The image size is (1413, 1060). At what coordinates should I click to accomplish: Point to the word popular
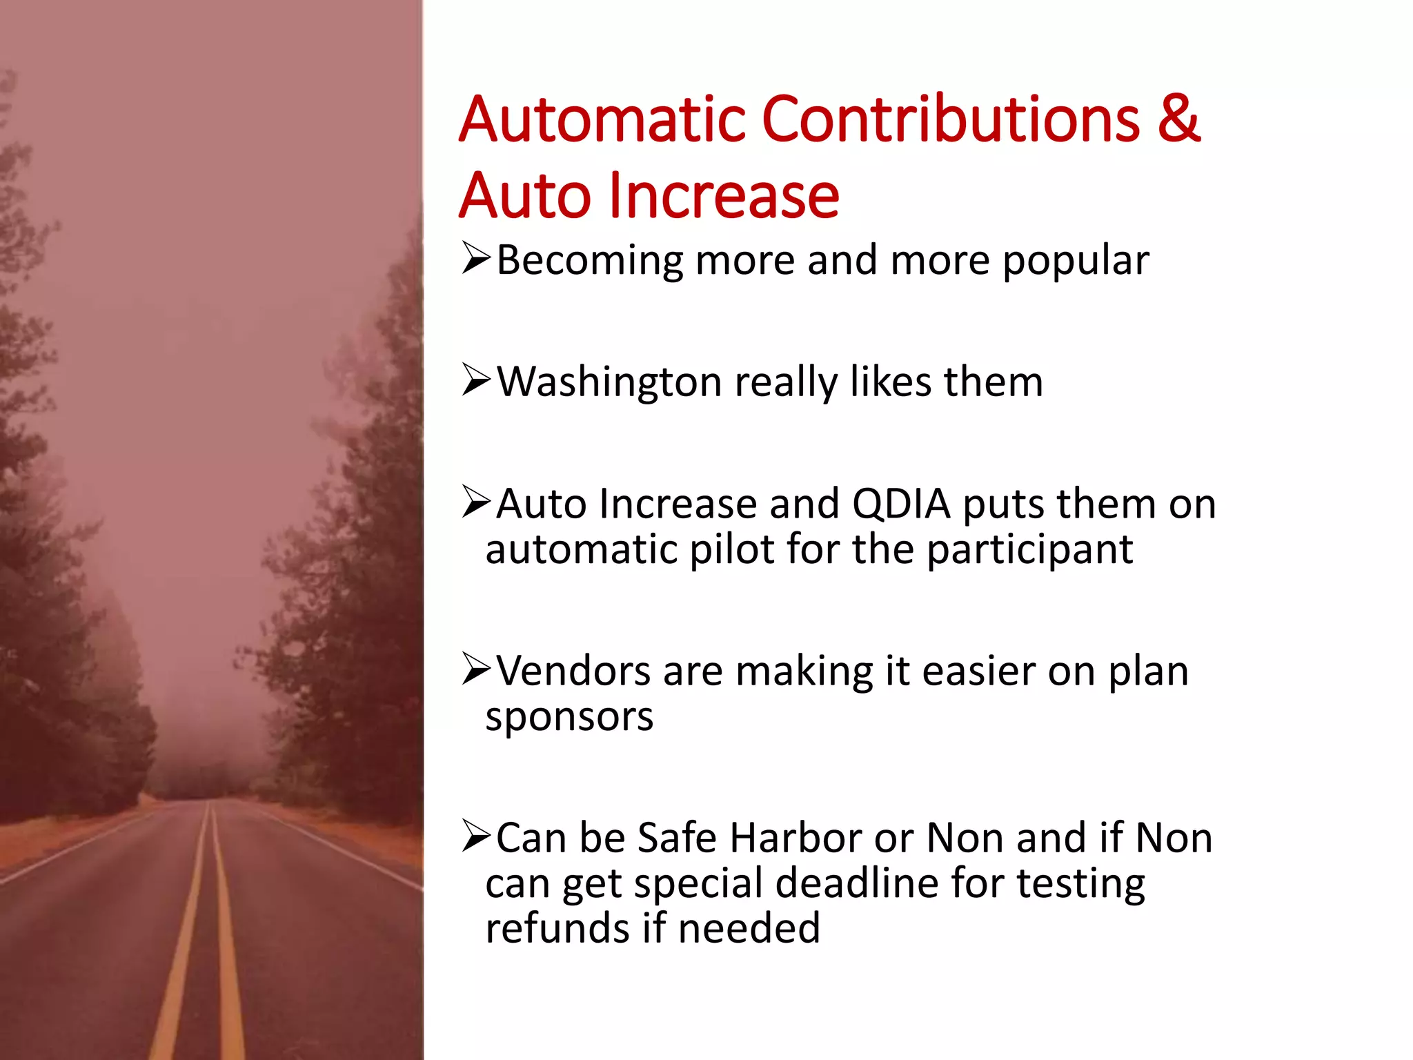click(x=1076, y=261)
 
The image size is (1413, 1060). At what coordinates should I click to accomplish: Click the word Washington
click(x=609, y=382)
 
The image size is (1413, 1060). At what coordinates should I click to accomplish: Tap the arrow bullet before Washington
click(x=476, y=380)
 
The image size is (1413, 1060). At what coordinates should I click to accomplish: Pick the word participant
click(x=1029, y=550)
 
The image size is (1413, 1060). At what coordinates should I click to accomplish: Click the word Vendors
click(x=573, y=671)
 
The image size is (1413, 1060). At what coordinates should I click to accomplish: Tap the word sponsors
click(x=569, y=718)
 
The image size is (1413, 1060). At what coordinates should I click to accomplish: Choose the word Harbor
click(x=796, y=838)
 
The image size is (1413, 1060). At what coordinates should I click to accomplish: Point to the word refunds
click(x=557, y=928)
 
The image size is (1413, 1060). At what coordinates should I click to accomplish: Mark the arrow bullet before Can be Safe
click(x=476, y=836)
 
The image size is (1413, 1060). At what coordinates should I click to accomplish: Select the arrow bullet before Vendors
click(x=476, y=669)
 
